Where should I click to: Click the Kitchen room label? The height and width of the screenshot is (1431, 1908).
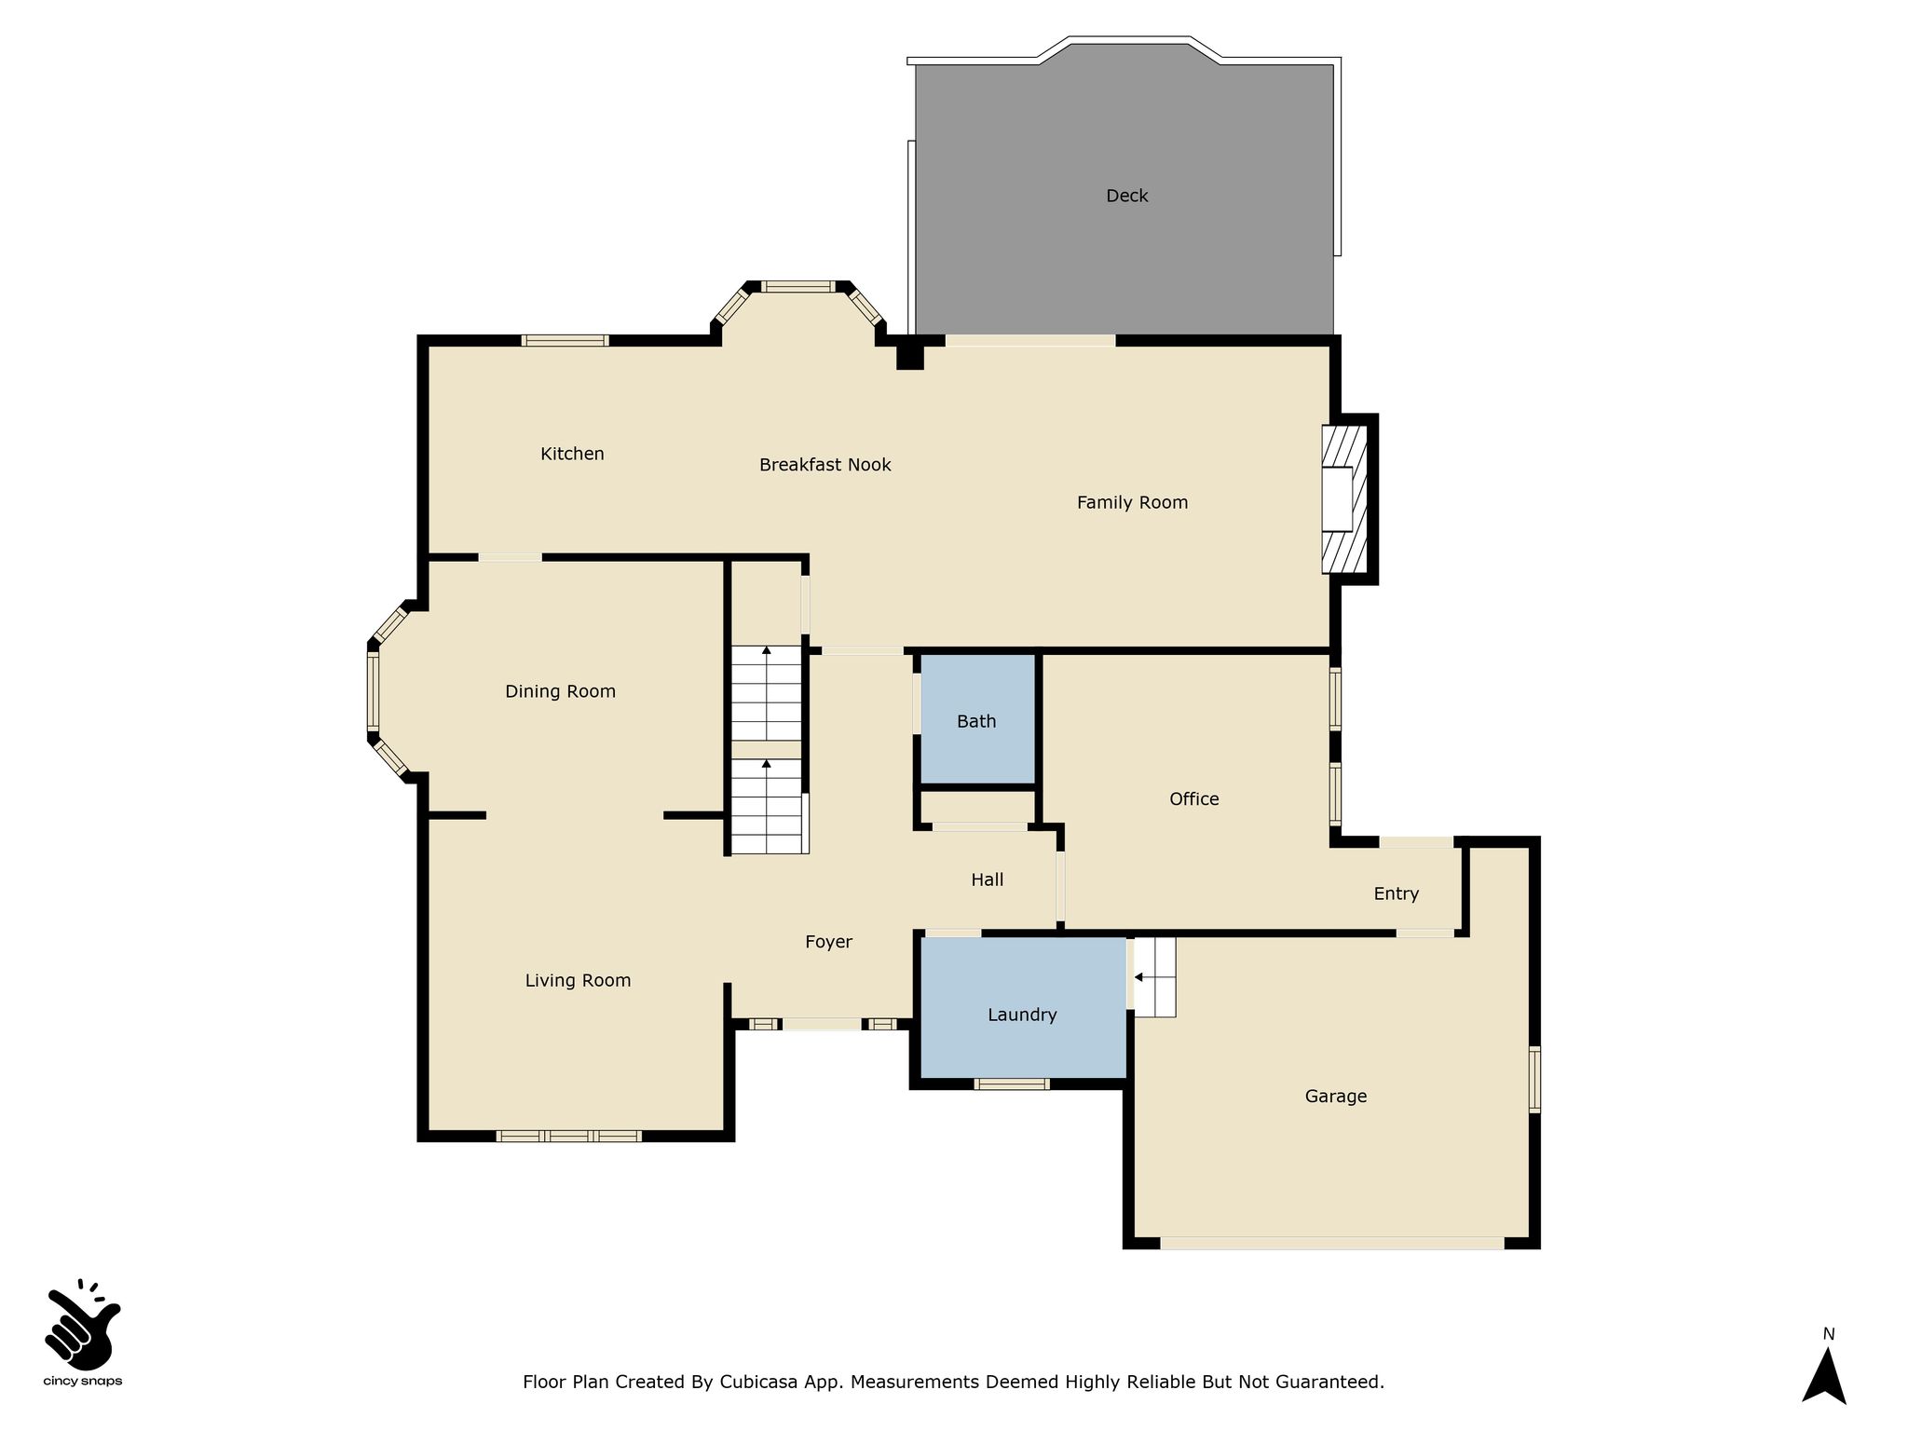(572, 454)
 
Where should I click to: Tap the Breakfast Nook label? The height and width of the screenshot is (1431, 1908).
(825, 465)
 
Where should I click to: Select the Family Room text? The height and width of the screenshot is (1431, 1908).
(1132, 503)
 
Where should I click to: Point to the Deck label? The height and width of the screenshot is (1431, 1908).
(1126, 196)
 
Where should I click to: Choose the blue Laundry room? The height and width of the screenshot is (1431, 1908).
(1023, 1007)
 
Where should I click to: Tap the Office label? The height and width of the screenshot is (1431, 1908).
(1193, 799)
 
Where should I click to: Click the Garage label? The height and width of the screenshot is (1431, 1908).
(1335, 1097)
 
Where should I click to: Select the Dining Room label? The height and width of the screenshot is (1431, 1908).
(560, 691)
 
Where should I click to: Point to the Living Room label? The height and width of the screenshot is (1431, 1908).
(578, 981)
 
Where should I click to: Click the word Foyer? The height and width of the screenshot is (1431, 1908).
(828, 943)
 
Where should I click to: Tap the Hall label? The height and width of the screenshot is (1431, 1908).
(987, 879)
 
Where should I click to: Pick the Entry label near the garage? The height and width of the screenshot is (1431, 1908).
(1396, 894)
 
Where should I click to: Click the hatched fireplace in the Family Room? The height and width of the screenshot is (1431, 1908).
(1344, 499)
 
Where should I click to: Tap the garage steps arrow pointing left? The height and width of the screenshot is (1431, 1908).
(1146, 977)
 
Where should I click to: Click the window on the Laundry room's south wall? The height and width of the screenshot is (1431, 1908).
(1012, 1083)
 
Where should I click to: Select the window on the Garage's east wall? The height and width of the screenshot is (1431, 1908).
(1533, 1079)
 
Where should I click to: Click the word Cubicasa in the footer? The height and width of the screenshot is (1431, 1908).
(761, 1383)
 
